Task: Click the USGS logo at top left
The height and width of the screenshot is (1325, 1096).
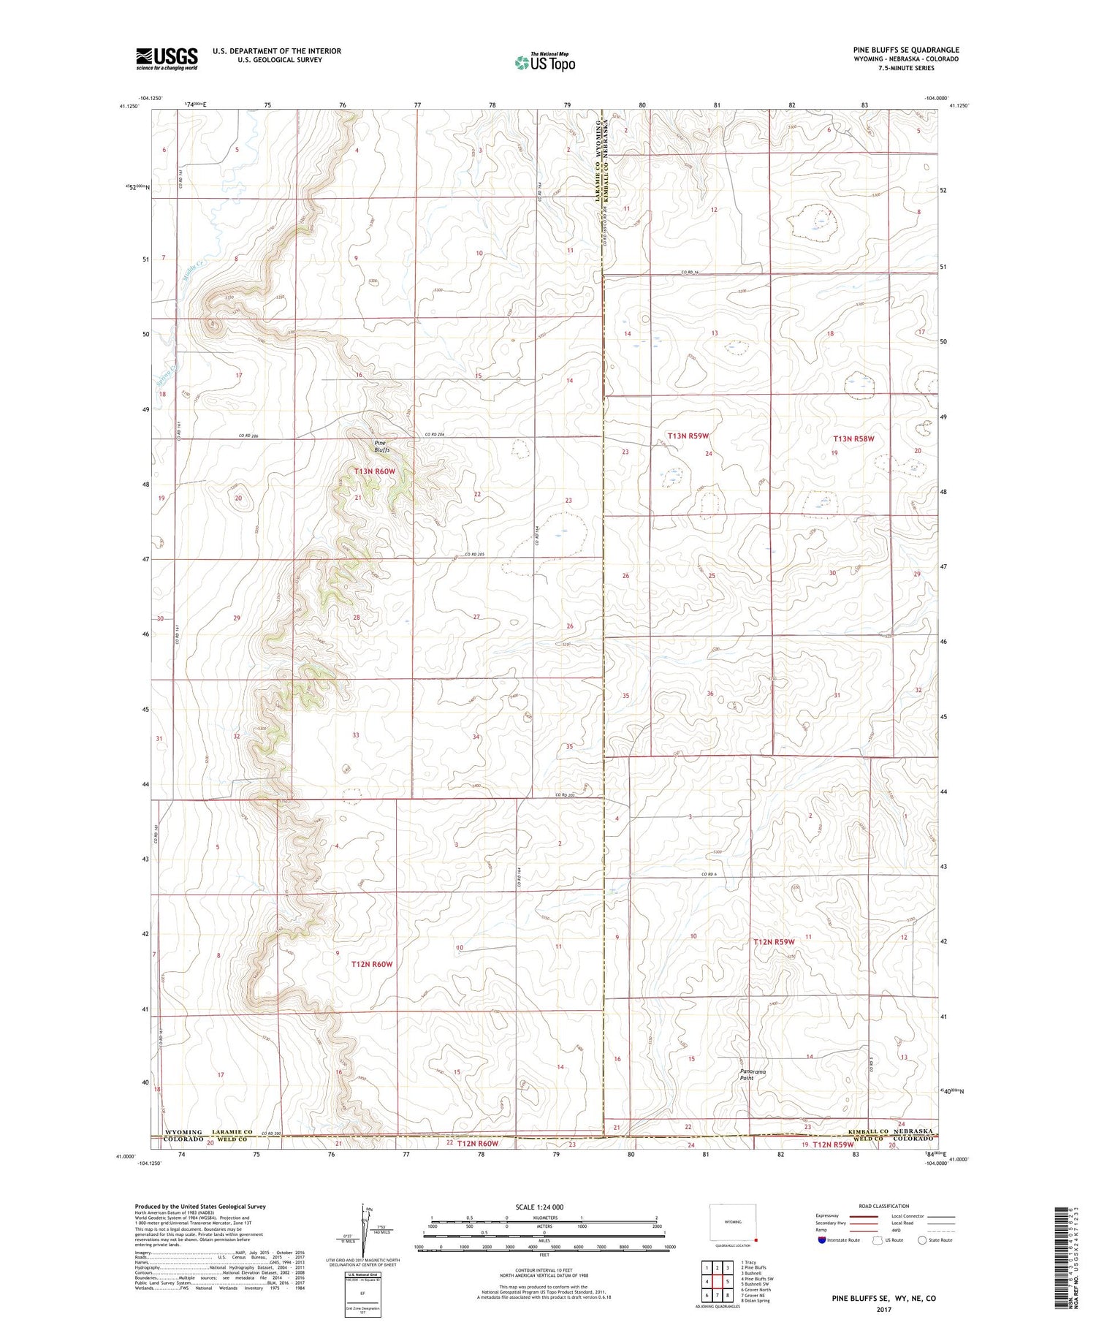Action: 166,58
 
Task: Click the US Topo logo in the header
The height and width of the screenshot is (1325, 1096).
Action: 544,62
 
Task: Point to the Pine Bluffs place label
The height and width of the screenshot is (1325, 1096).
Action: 381,447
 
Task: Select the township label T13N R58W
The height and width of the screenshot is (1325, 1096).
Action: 853,439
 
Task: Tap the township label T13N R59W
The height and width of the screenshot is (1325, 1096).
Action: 688,436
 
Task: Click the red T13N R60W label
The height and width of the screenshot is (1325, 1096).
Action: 374,472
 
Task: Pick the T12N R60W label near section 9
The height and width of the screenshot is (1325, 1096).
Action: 372,965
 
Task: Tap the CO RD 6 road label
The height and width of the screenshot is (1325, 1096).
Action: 709,875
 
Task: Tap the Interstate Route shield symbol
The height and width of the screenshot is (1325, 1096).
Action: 823,1239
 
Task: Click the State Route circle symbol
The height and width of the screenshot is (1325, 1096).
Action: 922,1239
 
